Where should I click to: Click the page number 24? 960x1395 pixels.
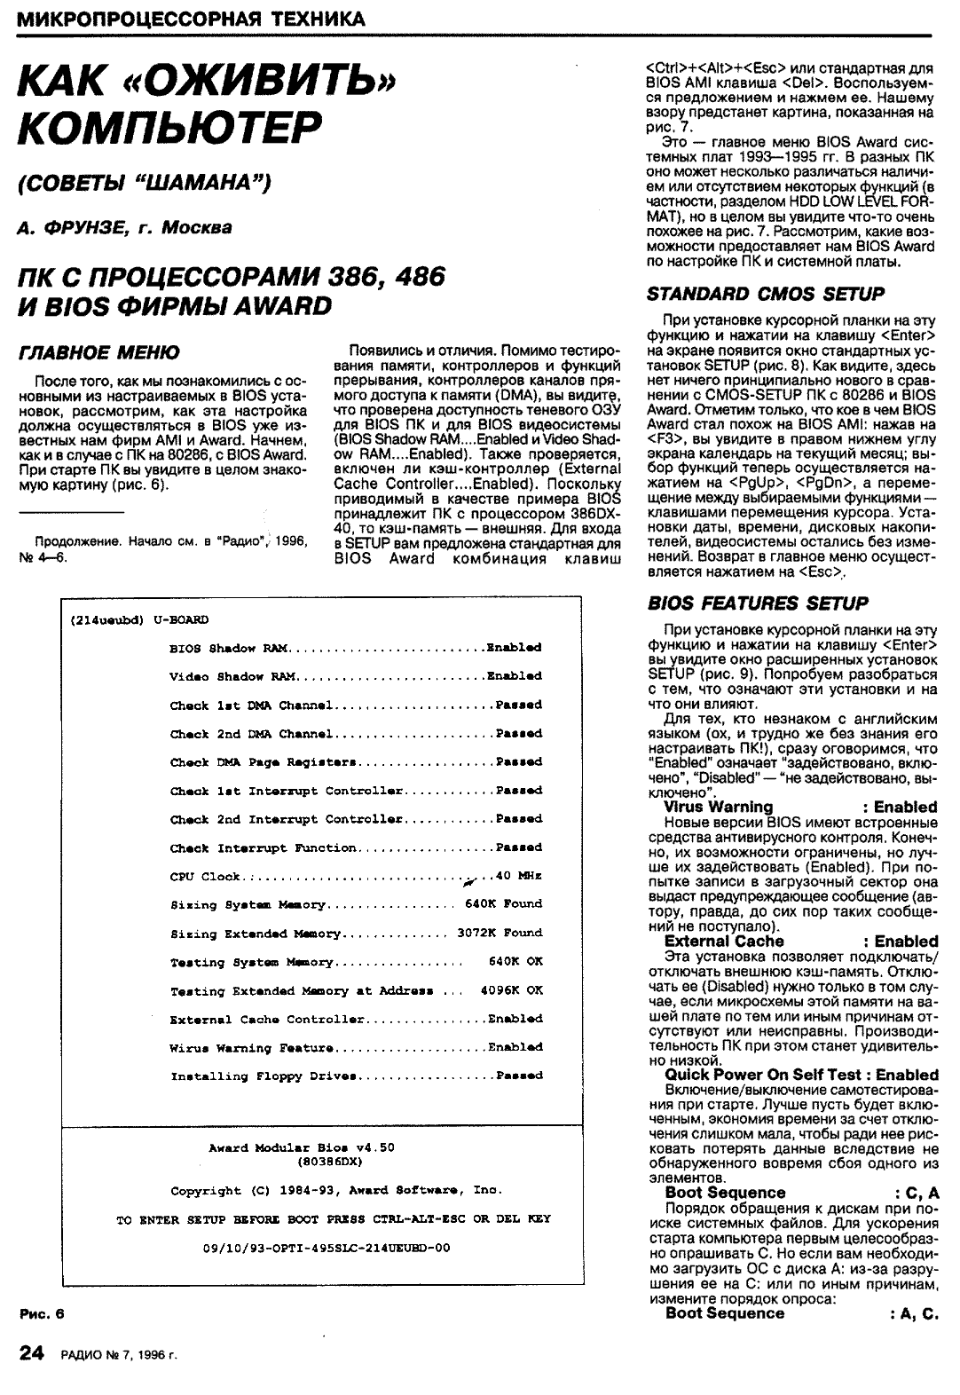point(30,1354)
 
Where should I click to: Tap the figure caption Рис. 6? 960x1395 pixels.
point(43,1313)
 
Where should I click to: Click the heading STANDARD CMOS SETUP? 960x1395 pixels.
point(766,294)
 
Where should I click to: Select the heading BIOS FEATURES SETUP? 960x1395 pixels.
point(758,603)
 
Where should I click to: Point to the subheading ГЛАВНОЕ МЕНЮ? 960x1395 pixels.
point(98,352)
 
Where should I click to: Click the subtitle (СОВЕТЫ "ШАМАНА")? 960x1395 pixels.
point(144,184)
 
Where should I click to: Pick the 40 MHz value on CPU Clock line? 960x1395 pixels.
point(518,876)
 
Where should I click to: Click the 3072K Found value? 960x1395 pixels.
point(499,933)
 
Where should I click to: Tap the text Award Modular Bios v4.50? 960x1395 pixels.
point(301,1147)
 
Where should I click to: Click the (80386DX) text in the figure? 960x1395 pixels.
point(333,1161)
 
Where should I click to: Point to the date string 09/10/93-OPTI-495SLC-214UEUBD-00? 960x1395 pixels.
point(326,1247)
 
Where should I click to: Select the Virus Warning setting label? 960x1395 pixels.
point(718,807)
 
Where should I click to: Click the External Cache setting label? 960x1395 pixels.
point(724,941)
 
